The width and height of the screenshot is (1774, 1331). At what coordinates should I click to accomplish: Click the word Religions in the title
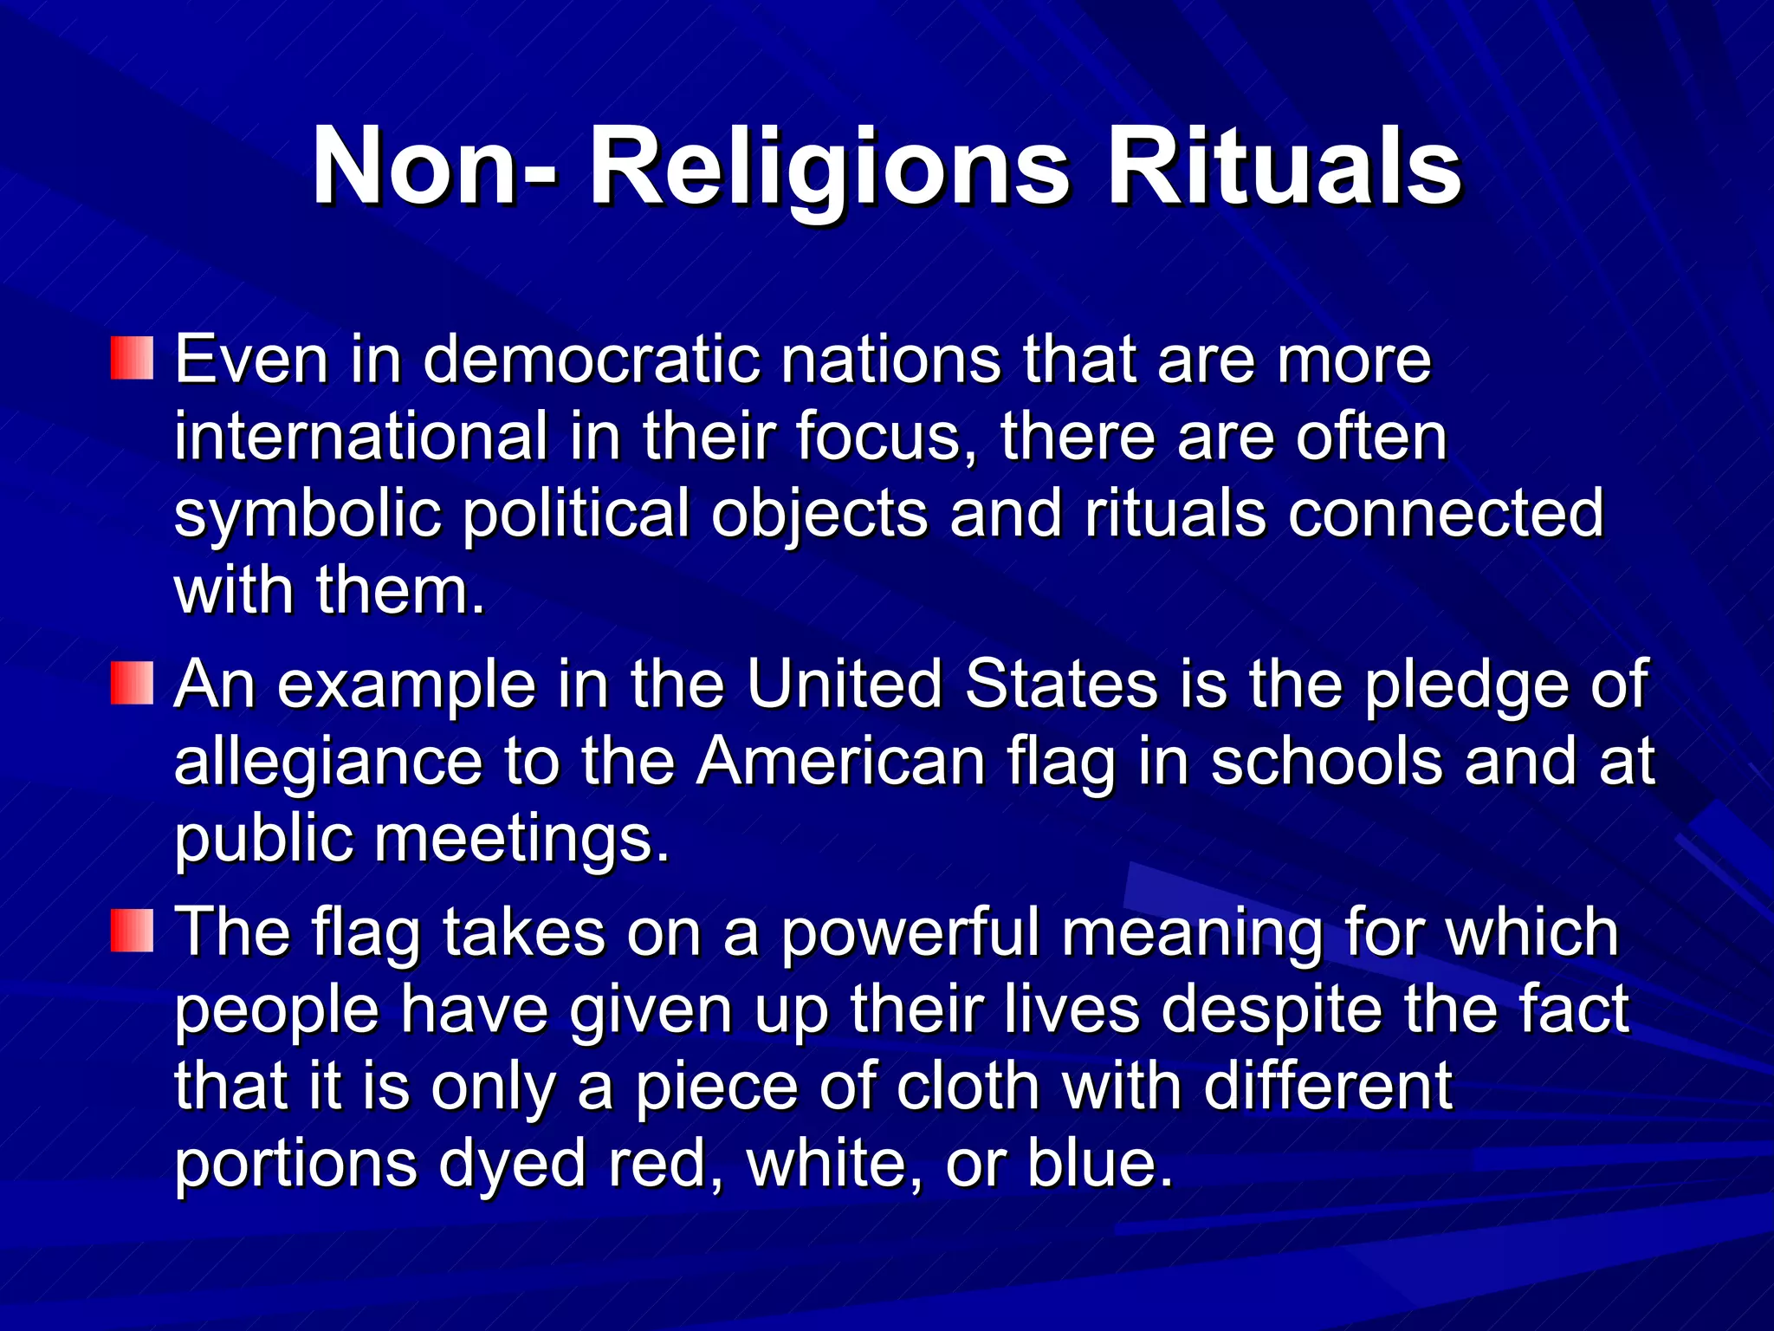click(830, 166)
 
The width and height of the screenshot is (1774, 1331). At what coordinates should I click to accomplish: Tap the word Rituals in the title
click(1285, 166)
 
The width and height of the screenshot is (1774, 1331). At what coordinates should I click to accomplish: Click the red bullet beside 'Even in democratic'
click(132, 359)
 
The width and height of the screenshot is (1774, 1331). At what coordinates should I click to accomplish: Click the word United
click(844, 684)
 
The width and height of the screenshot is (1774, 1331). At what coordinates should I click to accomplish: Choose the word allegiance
click(327, 763)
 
